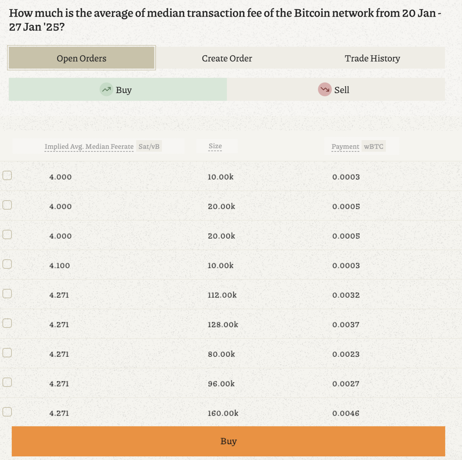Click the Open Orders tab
(81, 58)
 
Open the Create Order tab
(227, 58)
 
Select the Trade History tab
(372, 58)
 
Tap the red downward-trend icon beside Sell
(325, 90)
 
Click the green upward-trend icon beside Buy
(106, 90)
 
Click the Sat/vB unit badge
(149, 146)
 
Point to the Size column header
(215, 146)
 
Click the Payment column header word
(345, 146)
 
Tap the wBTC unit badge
(374, 146)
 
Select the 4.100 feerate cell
(60, 265)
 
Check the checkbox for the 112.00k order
(7, 294)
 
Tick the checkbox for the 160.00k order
(7, 412)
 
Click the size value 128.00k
(223, 324)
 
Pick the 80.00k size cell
(221, 354)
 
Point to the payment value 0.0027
(346, 384)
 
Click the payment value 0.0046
(346, 413)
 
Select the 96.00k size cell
(221, 384)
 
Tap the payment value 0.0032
(346, 295)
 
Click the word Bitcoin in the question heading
(311, 13)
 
